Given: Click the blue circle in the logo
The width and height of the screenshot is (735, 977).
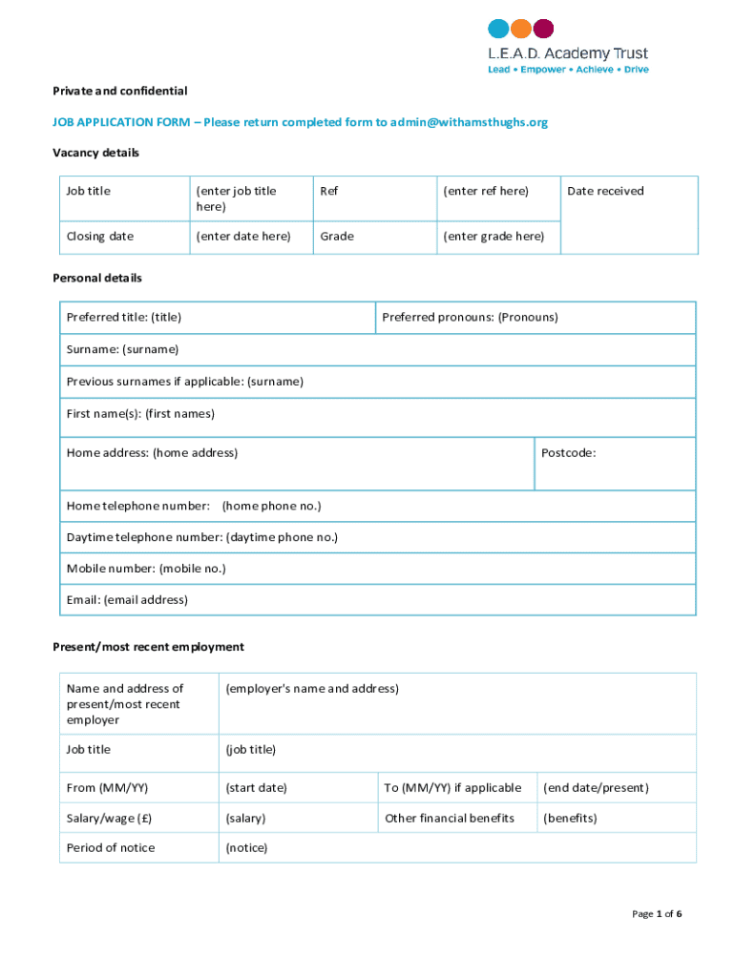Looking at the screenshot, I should (498, 29).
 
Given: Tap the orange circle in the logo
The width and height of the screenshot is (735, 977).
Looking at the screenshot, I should (521, 29).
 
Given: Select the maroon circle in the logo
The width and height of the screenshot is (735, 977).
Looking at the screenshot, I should (544, 29).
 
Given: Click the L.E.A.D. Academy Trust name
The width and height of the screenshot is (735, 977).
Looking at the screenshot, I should (568, 53).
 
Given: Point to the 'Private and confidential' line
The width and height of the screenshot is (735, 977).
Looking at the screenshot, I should (119, 91).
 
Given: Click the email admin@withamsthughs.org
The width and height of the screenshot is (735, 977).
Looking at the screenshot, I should (470, 122).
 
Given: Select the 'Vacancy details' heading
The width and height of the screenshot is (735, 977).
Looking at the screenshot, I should (95, 153).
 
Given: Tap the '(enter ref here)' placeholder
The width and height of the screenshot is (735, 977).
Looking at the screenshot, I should (486, 191).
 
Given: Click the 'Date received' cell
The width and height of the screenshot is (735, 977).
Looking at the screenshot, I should (605, 191).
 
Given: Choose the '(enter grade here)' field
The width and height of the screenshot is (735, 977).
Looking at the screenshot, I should (493, 236).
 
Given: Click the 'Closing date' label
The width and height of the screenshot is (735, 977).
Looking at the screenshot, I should (100, 236).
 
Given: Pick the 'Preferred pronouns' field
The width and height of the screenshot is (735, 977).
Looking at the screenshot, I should (470, 317).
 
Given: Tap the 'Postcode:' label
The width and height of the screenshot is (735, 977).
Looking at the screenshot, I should (568, 452).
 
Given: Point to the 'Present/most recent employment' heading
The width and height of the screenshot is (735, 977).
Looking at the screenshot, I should (148, 647).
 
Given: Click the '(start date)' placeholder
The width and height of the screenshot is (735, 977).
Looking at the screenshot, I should (256, 787).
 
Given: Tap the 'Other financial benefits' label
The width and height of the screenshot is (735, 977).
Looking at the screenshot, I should (450, 818).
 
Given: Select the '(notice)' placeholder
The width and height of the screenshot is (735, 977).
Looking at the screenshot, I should (246, 847).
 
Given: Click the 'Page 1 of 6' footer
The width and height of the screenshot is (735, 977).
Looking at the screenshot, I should (657, 914).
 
